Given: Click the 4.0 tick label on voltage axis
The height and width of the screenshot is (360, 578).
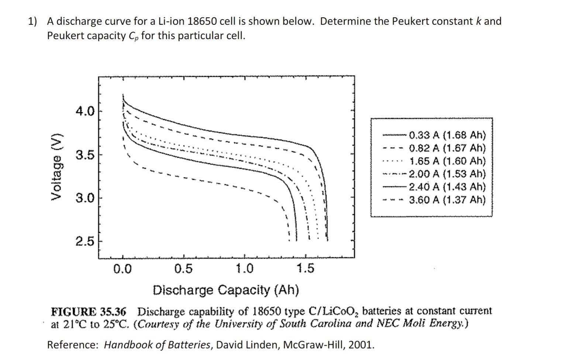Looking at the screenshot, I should [x=85, y=111].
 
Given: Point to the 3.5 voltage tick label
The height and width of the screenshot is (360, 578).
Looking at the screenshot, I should [x=85, y=154].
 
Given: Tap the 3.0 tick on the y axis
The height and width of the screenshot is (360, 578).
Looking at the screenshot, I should [x=85, y=198].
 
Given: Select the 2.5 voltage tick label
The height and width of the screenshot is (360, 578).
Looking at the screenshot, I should [x=85, y=242].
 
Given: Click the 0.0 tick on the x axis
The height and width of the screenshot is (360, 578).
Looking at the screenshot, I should [x=122, y=269].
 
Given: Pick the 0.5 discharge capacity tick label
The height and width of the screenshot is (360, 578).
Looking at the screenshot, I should [x=183, y=269].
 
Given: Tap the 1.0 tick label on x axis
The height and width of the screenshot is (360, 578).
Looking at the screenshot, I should [x=245, y=269].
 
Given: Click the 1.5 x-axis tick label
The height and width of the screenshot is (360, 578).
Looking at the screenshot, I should [x=306, y=269].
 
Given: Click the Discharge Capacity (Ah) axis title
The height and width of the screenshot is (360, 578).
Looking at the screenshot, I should [x=226, y=290].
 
